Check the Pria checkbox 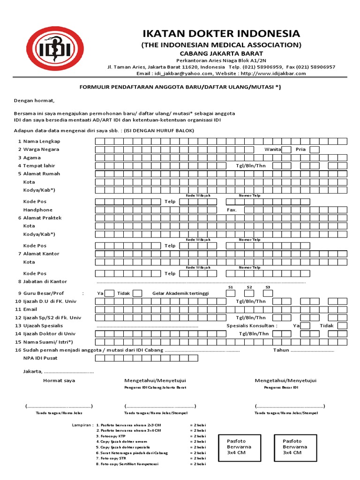click(x=314, y=150)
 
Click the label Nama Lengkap click(x=42, y=141)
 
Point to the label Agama click(x=32, y=157)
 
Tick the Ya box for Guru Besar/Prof click(x=109, y=293)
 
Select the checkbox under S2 click(x=249, y=293)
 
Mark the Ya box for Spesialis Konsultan click(x=305, y=326)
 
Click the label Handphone click(x=38, y=210)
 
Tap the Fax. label click(x=232, y=210)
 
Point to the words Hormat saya click(x=59, y=381)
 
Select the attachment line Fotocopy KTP click(x=113, y=436)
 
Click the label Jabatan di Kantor click(x=45, y=282)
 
